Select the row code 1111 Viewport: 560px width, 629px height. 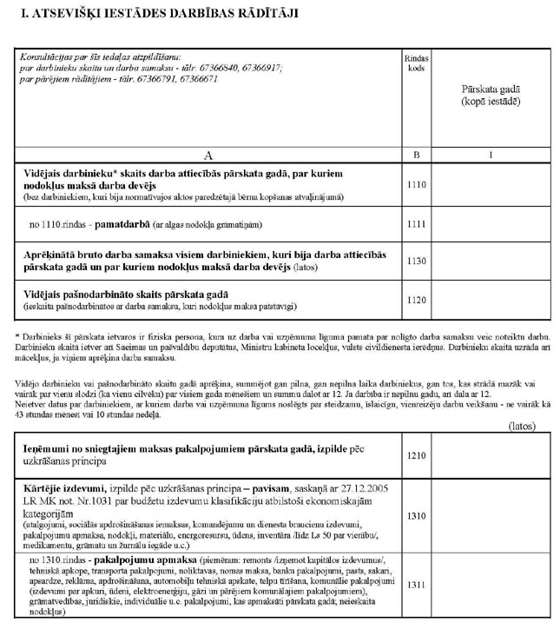click(416, 225)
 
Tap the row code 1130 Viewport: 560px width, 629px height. click(416, 261)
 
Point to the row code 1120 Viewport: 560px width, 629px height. click(416, 301)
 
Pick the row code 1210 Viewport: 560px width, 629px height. click(416, 454)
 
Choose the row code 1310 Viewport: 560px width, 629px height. click(416, 515)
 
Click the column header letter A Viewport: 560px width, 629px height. click(208, 154)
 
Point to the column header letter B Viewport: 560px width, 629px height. click(416, 154)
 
